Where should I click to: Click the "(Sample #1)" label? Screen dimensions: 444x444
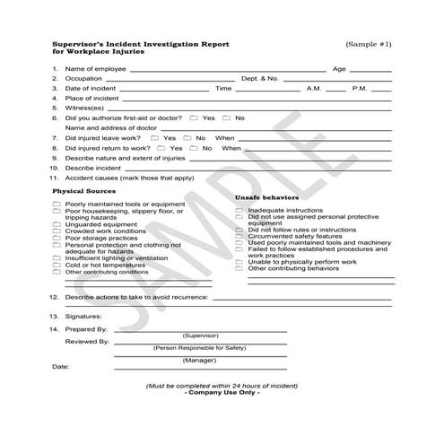point(369,44)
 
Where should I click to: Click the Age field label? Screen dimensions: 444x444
point(339,68)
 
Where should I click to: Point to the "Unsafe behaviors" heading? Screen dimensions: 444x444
point(266,196)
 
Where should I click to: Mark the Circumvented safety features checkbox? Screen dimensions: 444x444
point(239,235)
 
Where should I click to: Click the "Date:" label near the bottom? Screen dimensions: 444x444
point(60,366)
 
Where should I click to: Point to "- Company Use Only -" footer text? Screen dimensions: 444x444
point(221,392)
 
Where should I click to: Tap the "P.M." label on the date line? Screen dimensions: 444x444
point(360,88)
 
